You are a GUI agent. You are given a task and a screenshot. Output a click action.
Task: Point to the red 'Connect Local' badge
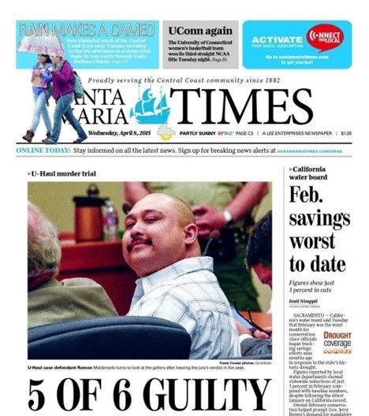pyautogui.click(x=329, y=36)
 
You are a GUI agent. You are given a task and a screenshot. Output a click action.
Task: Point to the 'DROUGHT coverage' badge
pyautogui.click(x=337, y=340)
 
